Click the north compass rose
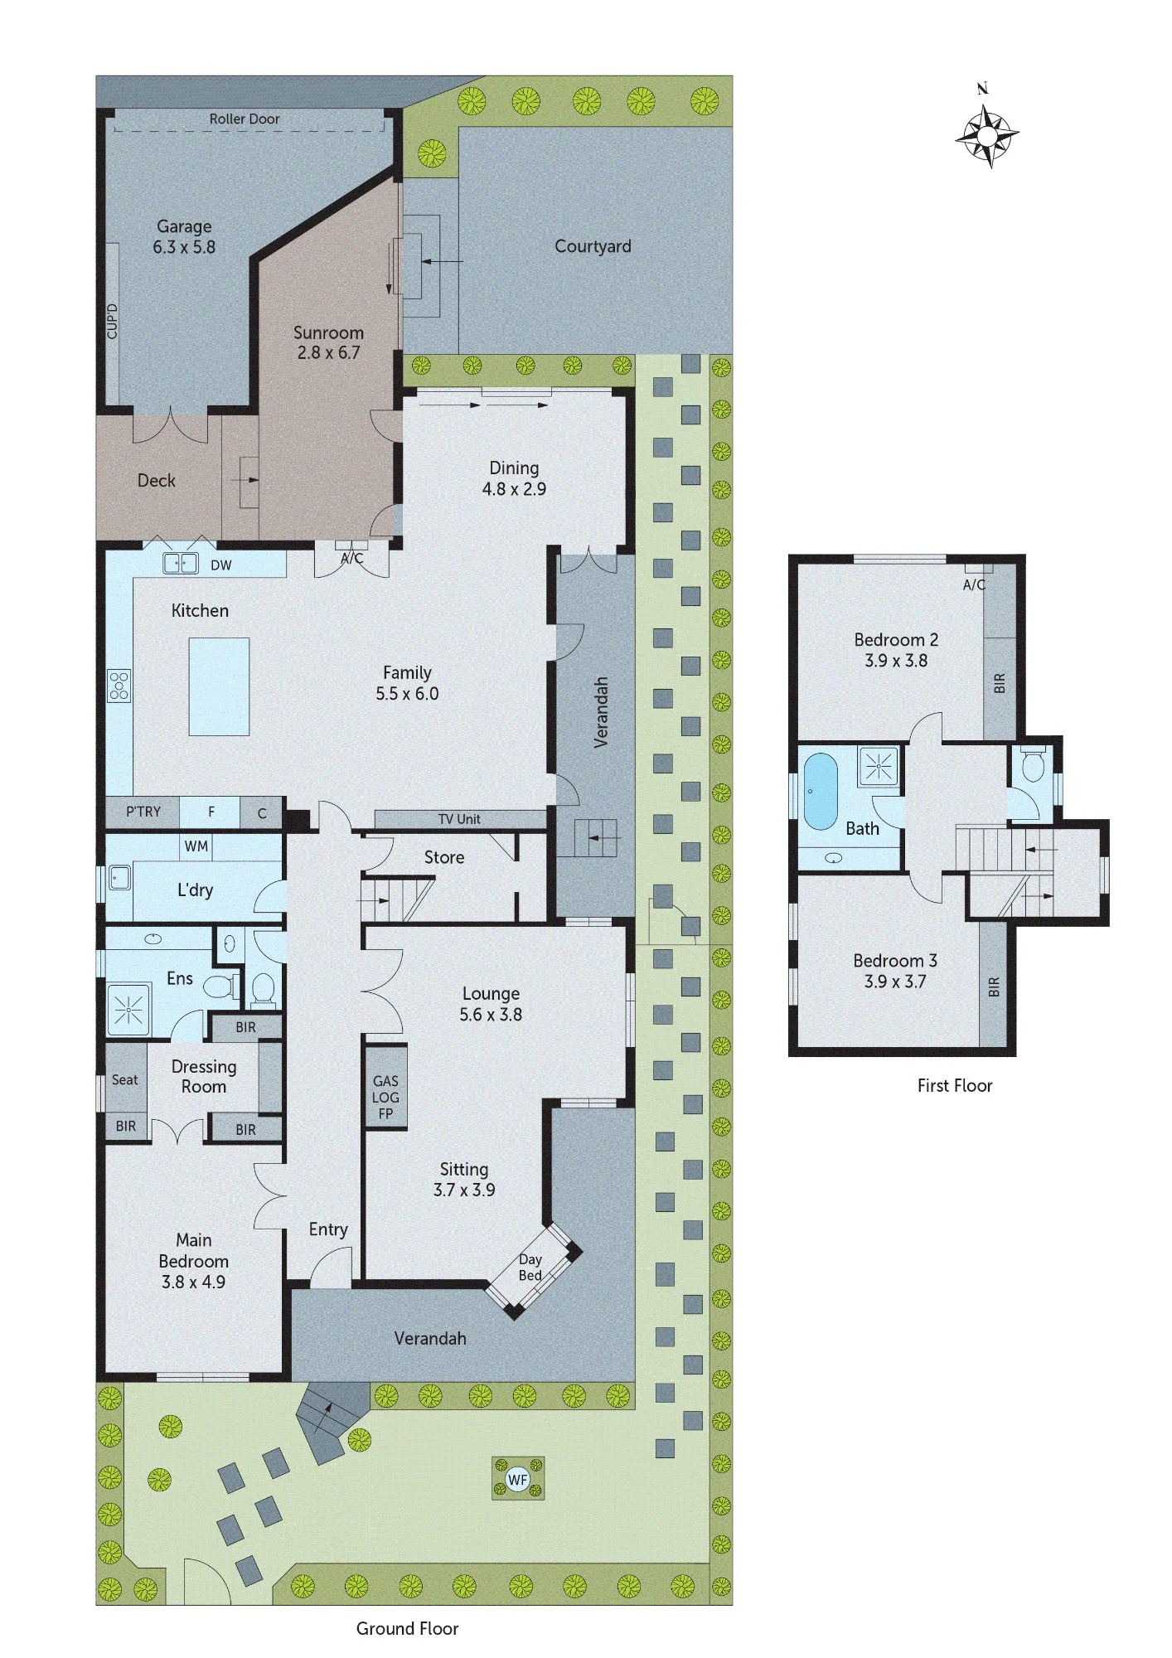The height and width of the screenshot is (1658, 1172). point(986,133)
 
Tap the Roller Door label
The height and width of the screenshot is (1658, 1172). point(245,119)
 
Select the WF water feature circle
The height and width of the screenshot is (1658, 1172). point(517,1479)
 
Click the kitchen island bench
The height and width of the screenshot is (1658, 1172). point(219,686)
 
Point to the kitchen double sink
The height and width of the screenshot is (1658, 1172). point(180,564)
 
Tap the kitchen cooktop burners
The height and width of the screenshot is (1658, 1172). point(119,686)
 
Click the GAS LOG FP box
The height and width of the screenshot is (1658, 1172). point(385,1098)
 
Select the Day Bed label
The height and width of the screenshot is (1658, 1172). point(530,1267)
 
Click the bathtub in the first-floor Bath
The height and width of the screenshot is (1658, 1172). point(821,791)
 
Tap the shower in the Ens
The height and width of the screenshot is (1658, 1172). point(128,1009)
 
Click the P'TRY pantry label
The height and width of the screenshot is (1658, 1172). point(143,812)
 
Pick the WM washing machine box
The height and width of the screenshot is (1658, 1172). point(196,846)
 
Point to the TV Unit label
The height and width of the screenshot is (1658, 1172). point(459,819)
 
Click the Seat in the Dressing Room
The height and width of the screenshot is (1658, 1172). point(125,1079)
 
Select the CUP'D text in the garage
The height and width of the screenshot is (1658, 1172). point(112,322)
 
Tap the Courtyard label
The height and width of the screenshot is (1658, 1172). point(593,246)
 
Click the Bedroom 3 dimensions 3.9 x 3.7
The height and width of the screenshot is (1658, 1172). point(895,982)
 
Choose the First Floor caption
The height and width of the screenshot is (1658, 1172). point(955,1085)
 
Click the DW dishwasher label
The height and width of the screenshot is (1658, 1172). point(221,565)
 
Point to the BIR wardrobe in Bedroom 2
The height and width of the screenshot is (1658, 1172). point(1000,683)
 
